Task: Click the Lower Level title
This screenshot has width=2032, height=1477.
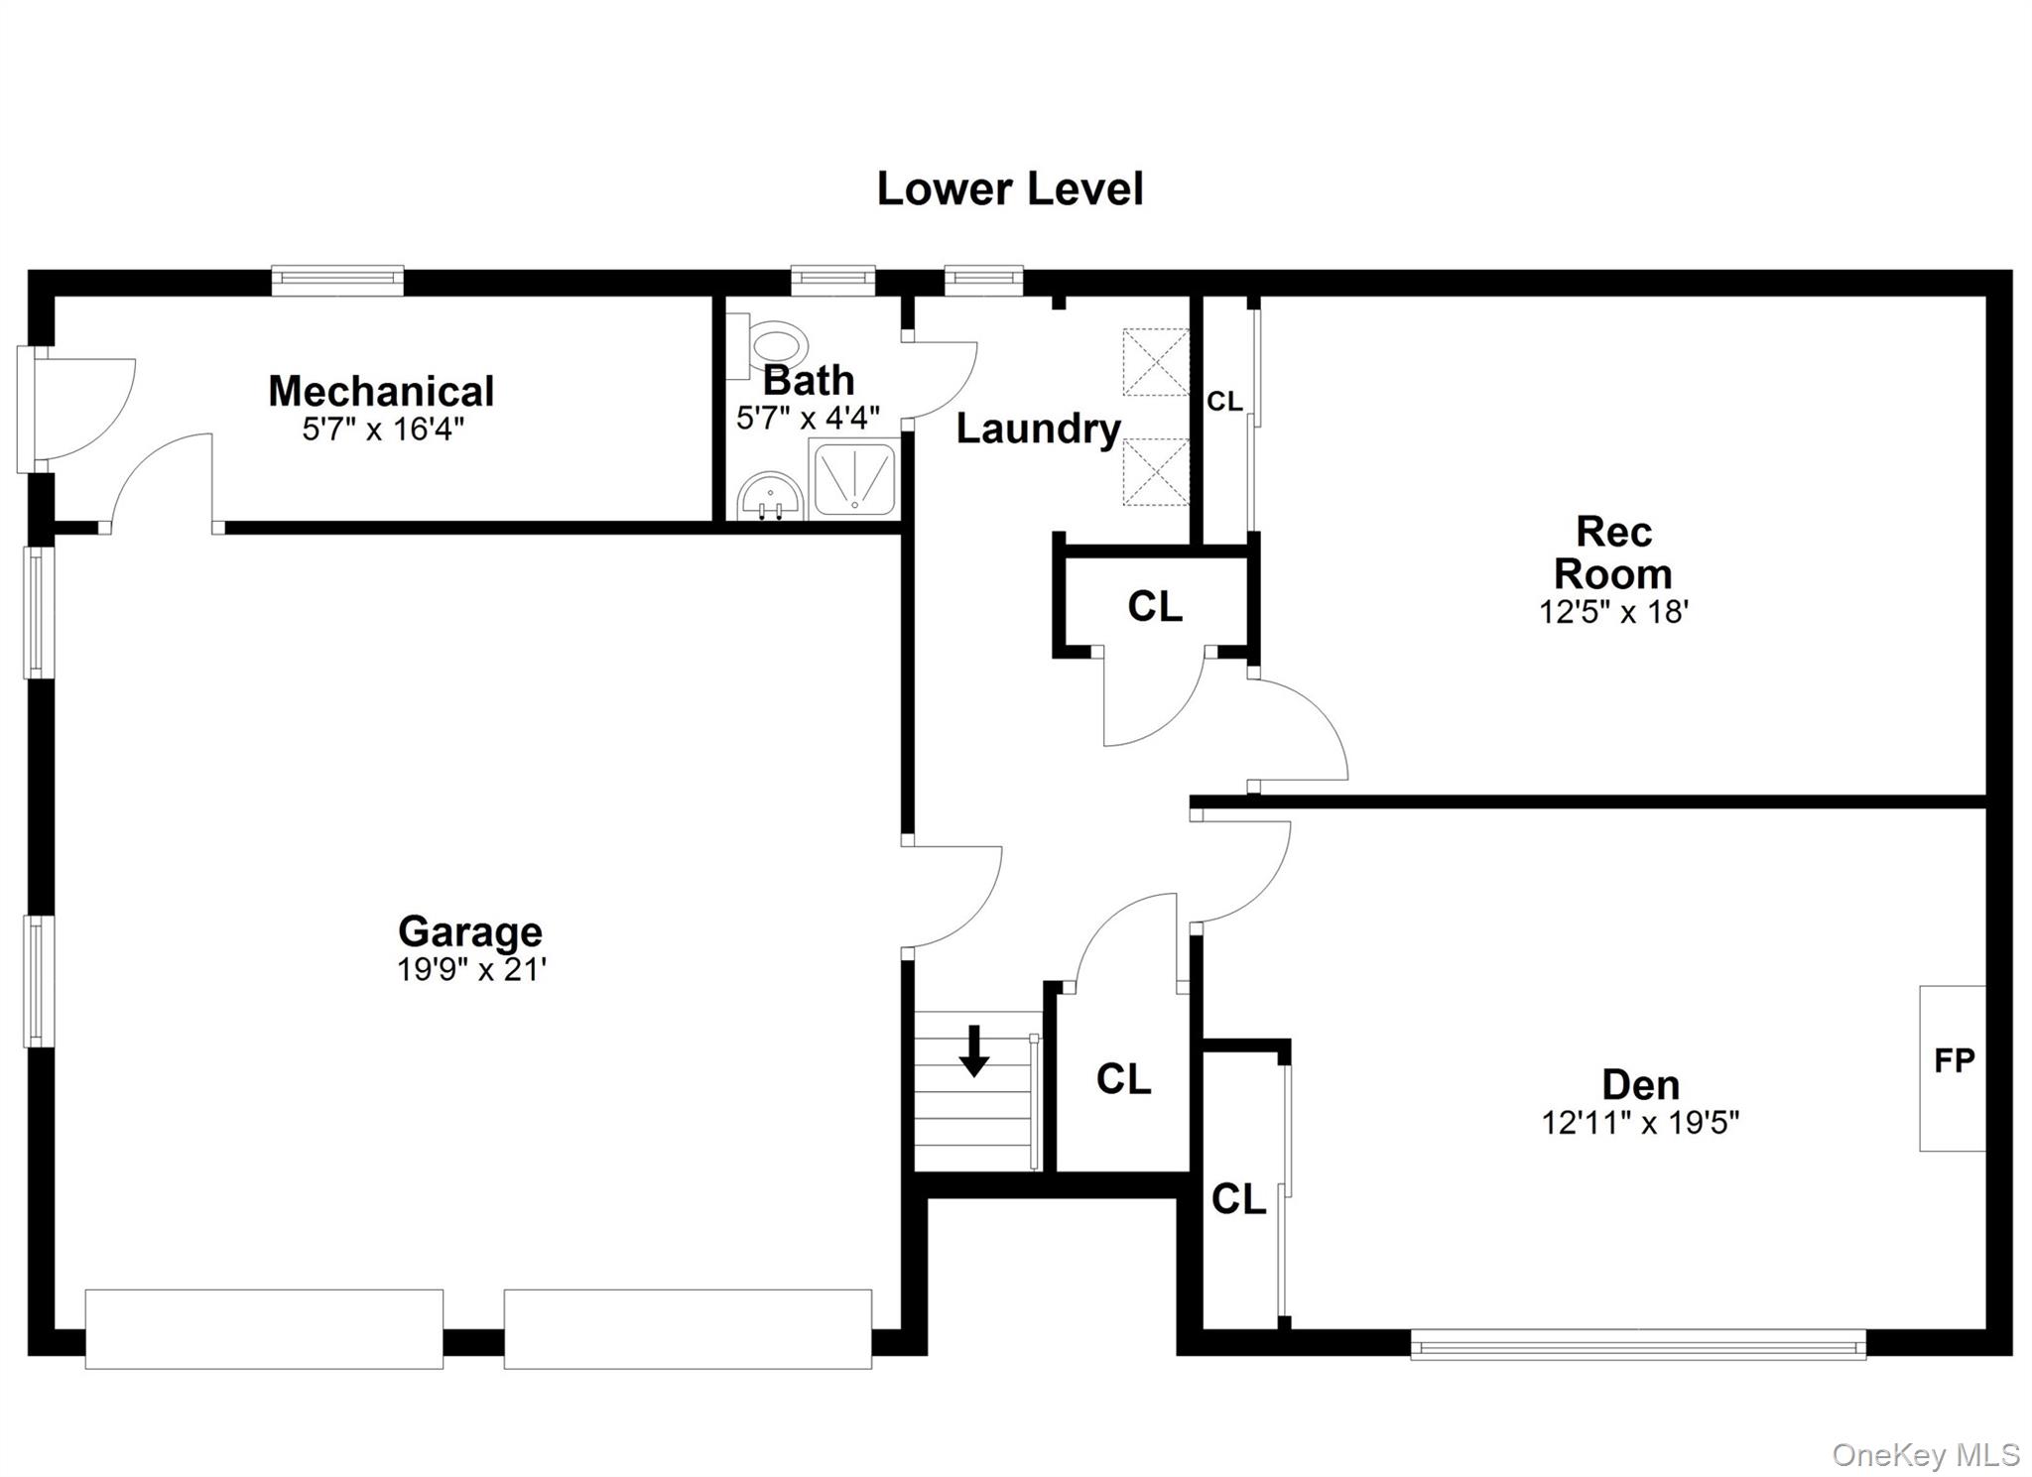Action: (x=1010, y=189)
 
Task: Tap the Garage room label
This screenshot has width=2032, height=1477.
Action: (x=470, y=931)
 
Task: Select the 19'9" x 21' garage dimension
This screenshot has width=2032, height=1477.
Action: (x=472, y=969)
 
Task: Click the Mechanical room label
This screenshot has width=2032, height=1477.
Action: (x=381, y=391)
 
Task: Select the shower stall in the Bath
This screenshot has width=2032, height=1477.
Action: (x=854, y=480)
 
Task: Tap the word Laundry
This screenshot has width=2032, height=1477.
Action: (x=1038, y=429)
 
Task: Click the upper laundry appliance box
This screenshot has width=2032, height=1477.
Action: (x=1155, y=362)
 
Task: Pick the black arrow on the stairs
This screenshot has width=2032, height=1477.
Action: (x=974, y=1050)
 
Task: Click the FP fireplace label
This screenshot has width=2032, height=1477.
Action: (x=1954, y=1060)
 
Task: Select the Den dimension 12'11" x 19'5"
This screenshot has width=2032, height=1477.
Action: (x=1640, y=1123)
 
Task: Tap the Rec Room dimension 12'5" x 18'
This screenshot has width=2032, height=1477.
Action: (x=1613, y=612)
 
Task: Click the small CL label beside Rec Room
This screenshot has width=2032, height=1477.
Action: (x=1224, y=402)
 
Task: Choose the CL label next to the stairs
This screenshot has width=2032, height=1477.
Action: (x=1123, y=1079)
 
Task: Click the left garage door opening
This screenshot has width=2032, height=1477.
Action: (x=264, y=1328)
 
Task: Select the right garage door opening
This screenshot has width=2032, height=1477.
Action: (x=688, y=1328)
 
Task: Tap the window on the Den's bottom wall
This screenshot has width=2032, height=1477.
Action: (x=1637, y=1345)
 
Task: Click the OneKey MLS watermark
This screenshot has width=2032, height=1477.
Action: (x=1925, y=1455)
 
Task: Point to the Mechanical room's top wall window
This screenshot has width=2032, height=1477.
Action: (x=337, y=280)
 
